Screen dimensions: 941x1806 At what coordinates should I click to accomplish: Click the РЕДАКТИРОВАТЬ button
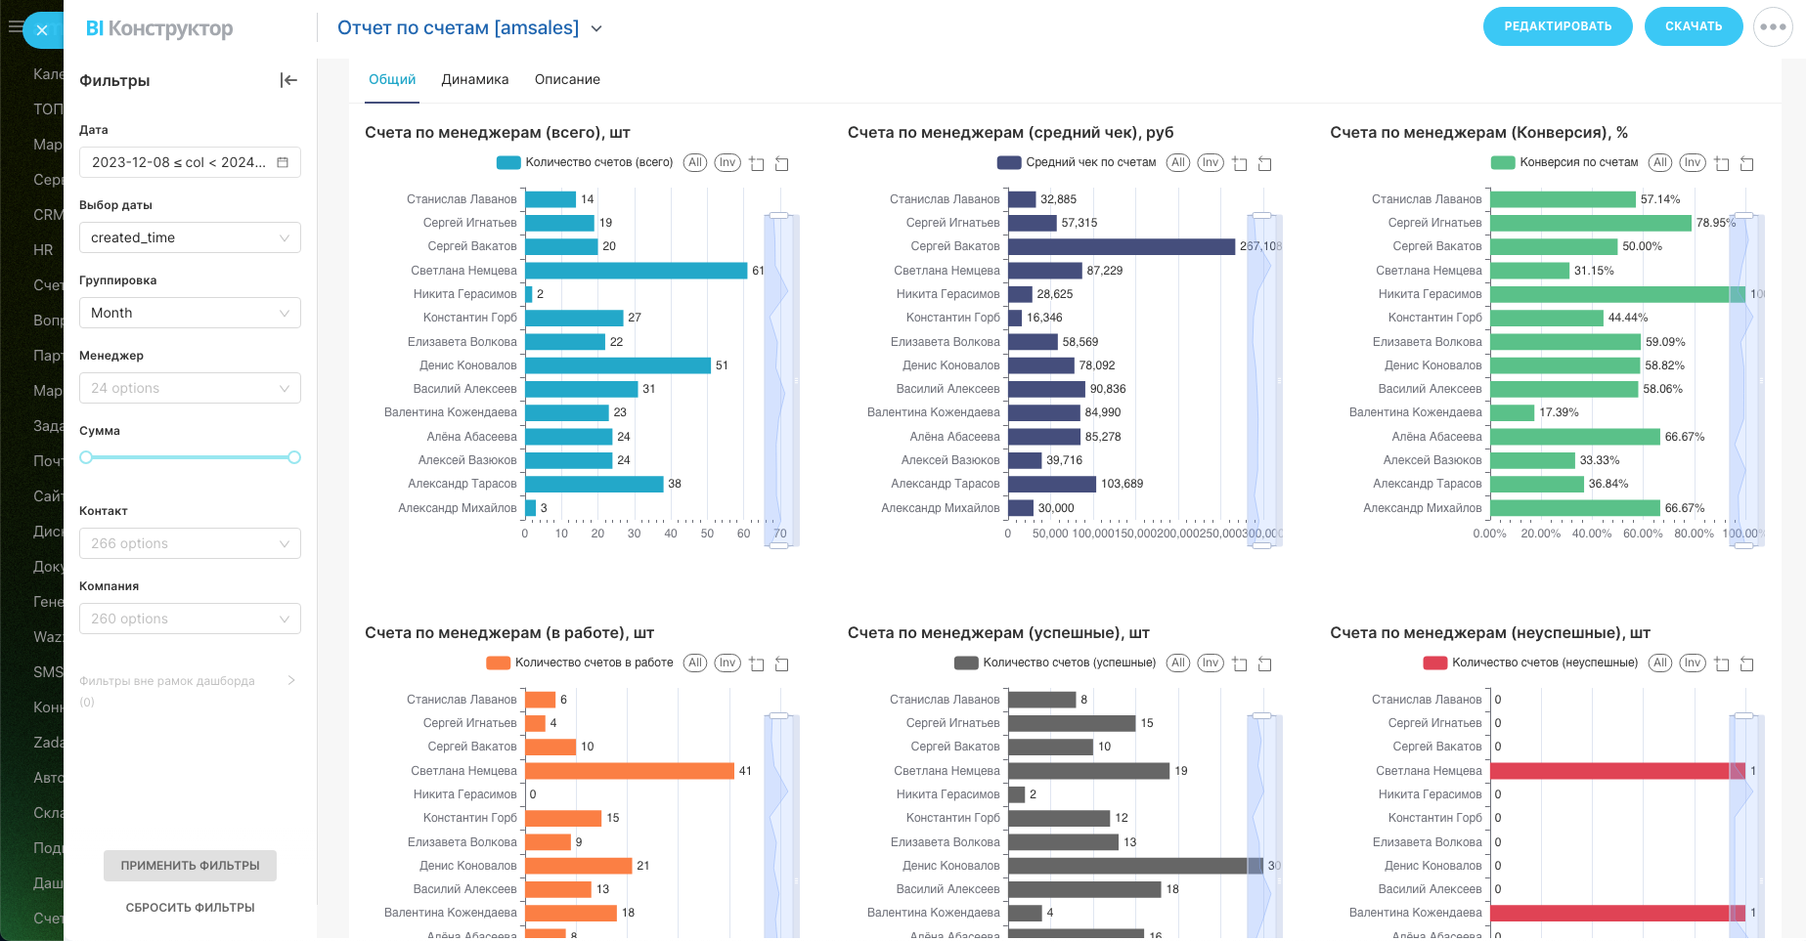pyautogui.click(x=1557, y=26)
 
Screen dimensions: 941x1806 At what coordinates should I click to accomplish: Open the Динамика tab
pyautogui.click(x=474, y=79)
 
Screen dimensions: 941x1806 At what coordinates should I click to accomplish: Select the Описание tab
pyautogui.click(x=567, y=79)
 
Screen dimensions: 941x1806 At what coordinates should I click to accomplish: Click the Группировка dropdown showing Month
pyautogui.click(x=190, y=313)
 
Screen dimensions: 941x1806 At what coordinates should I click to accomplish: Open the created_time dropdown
pyautogui.click(x=190, y=237)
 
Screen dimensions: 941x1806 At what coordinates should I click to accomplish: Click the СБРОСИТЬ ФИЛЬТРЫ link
pyautogui.click(x=190, y=908)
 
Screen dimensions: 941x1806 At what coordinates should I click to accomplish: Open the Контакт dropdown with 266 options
pyautogui.click(x=190, y=543)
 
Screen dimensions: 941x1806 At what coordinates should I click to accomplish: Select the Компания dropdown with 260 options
pyautogui.click(x=190, y=619)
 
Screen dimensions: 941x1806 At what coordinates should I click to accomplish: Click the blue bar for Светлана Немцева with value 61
pyautogui.click(x=636, y=271)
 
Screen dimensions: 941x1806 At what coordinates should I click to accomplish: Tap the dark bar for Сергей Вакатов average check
pyautogui.click(x=1121, y=246)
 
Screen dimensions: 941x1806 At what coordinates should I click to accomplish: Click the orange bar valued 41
pyautogui.click(x=629, y=771)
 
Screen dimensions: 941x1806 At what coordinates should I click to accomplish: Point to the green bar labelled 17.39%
pyautogui.click(x=1512, y=412)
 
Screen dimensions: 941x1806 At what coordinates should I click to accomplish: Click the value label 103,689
pyautogui.click(x=1122, y=484)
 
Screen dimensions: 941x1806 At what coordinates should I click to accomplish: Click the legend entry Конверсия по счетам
pyautogui.click(x=1578, y=162)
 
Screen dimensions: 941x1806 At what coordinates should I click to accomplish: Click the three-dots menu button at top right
pyautogui.click(x=1773, y=27)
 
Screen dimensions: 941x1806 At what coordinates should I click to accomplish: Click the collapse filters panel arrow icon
pyautogui.click(x=288, y=80)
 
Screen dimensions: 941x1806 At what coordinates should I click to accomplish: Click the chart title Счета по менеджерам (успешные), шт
pyautogui.click(x=998, y=633)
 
